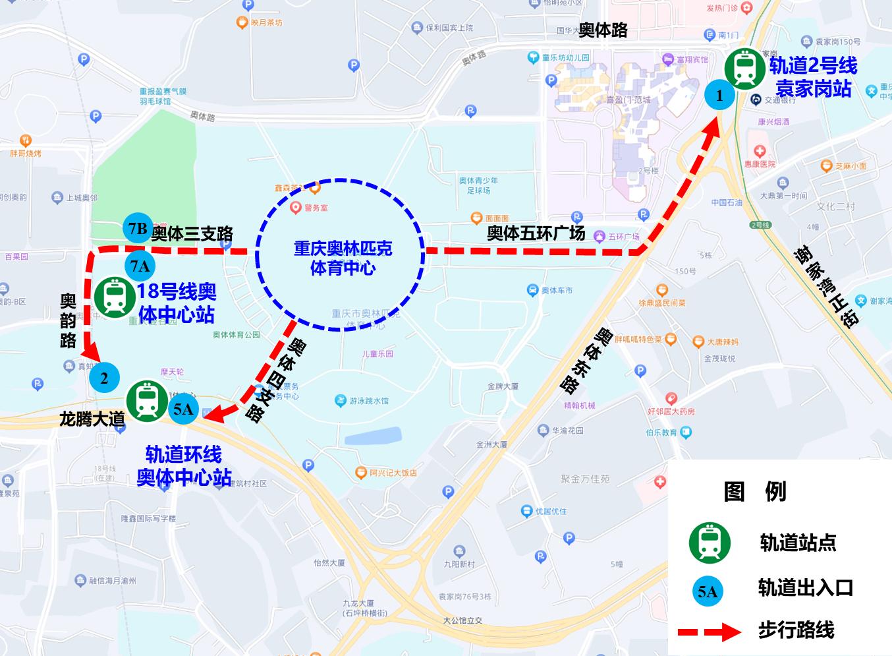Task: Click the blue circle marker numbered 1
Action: (719, 96)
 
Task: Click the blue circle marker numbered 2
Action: (104, 378)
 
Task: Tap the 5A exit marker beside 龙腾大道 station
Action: (183, 409)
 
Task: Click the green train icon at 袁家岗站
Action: (745, 69)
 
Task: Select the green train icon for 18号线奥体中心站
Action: (115, 297)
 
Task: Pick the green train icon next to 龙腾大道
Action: (147, 401)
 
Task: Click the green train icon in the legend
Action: (710, 543)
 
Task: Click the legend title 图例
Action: (754, 491)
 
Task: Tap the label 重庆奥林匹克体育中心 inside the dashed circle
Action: (343, 258)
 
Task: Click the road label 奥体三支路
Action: (192, 234)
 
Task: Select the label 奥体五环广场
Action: (536, 233)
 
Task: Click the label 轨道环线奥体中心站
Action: (184, 465)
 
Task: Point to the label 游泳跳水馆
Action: (369, 400)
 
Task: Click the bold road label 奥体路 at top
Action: (603, 30)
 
